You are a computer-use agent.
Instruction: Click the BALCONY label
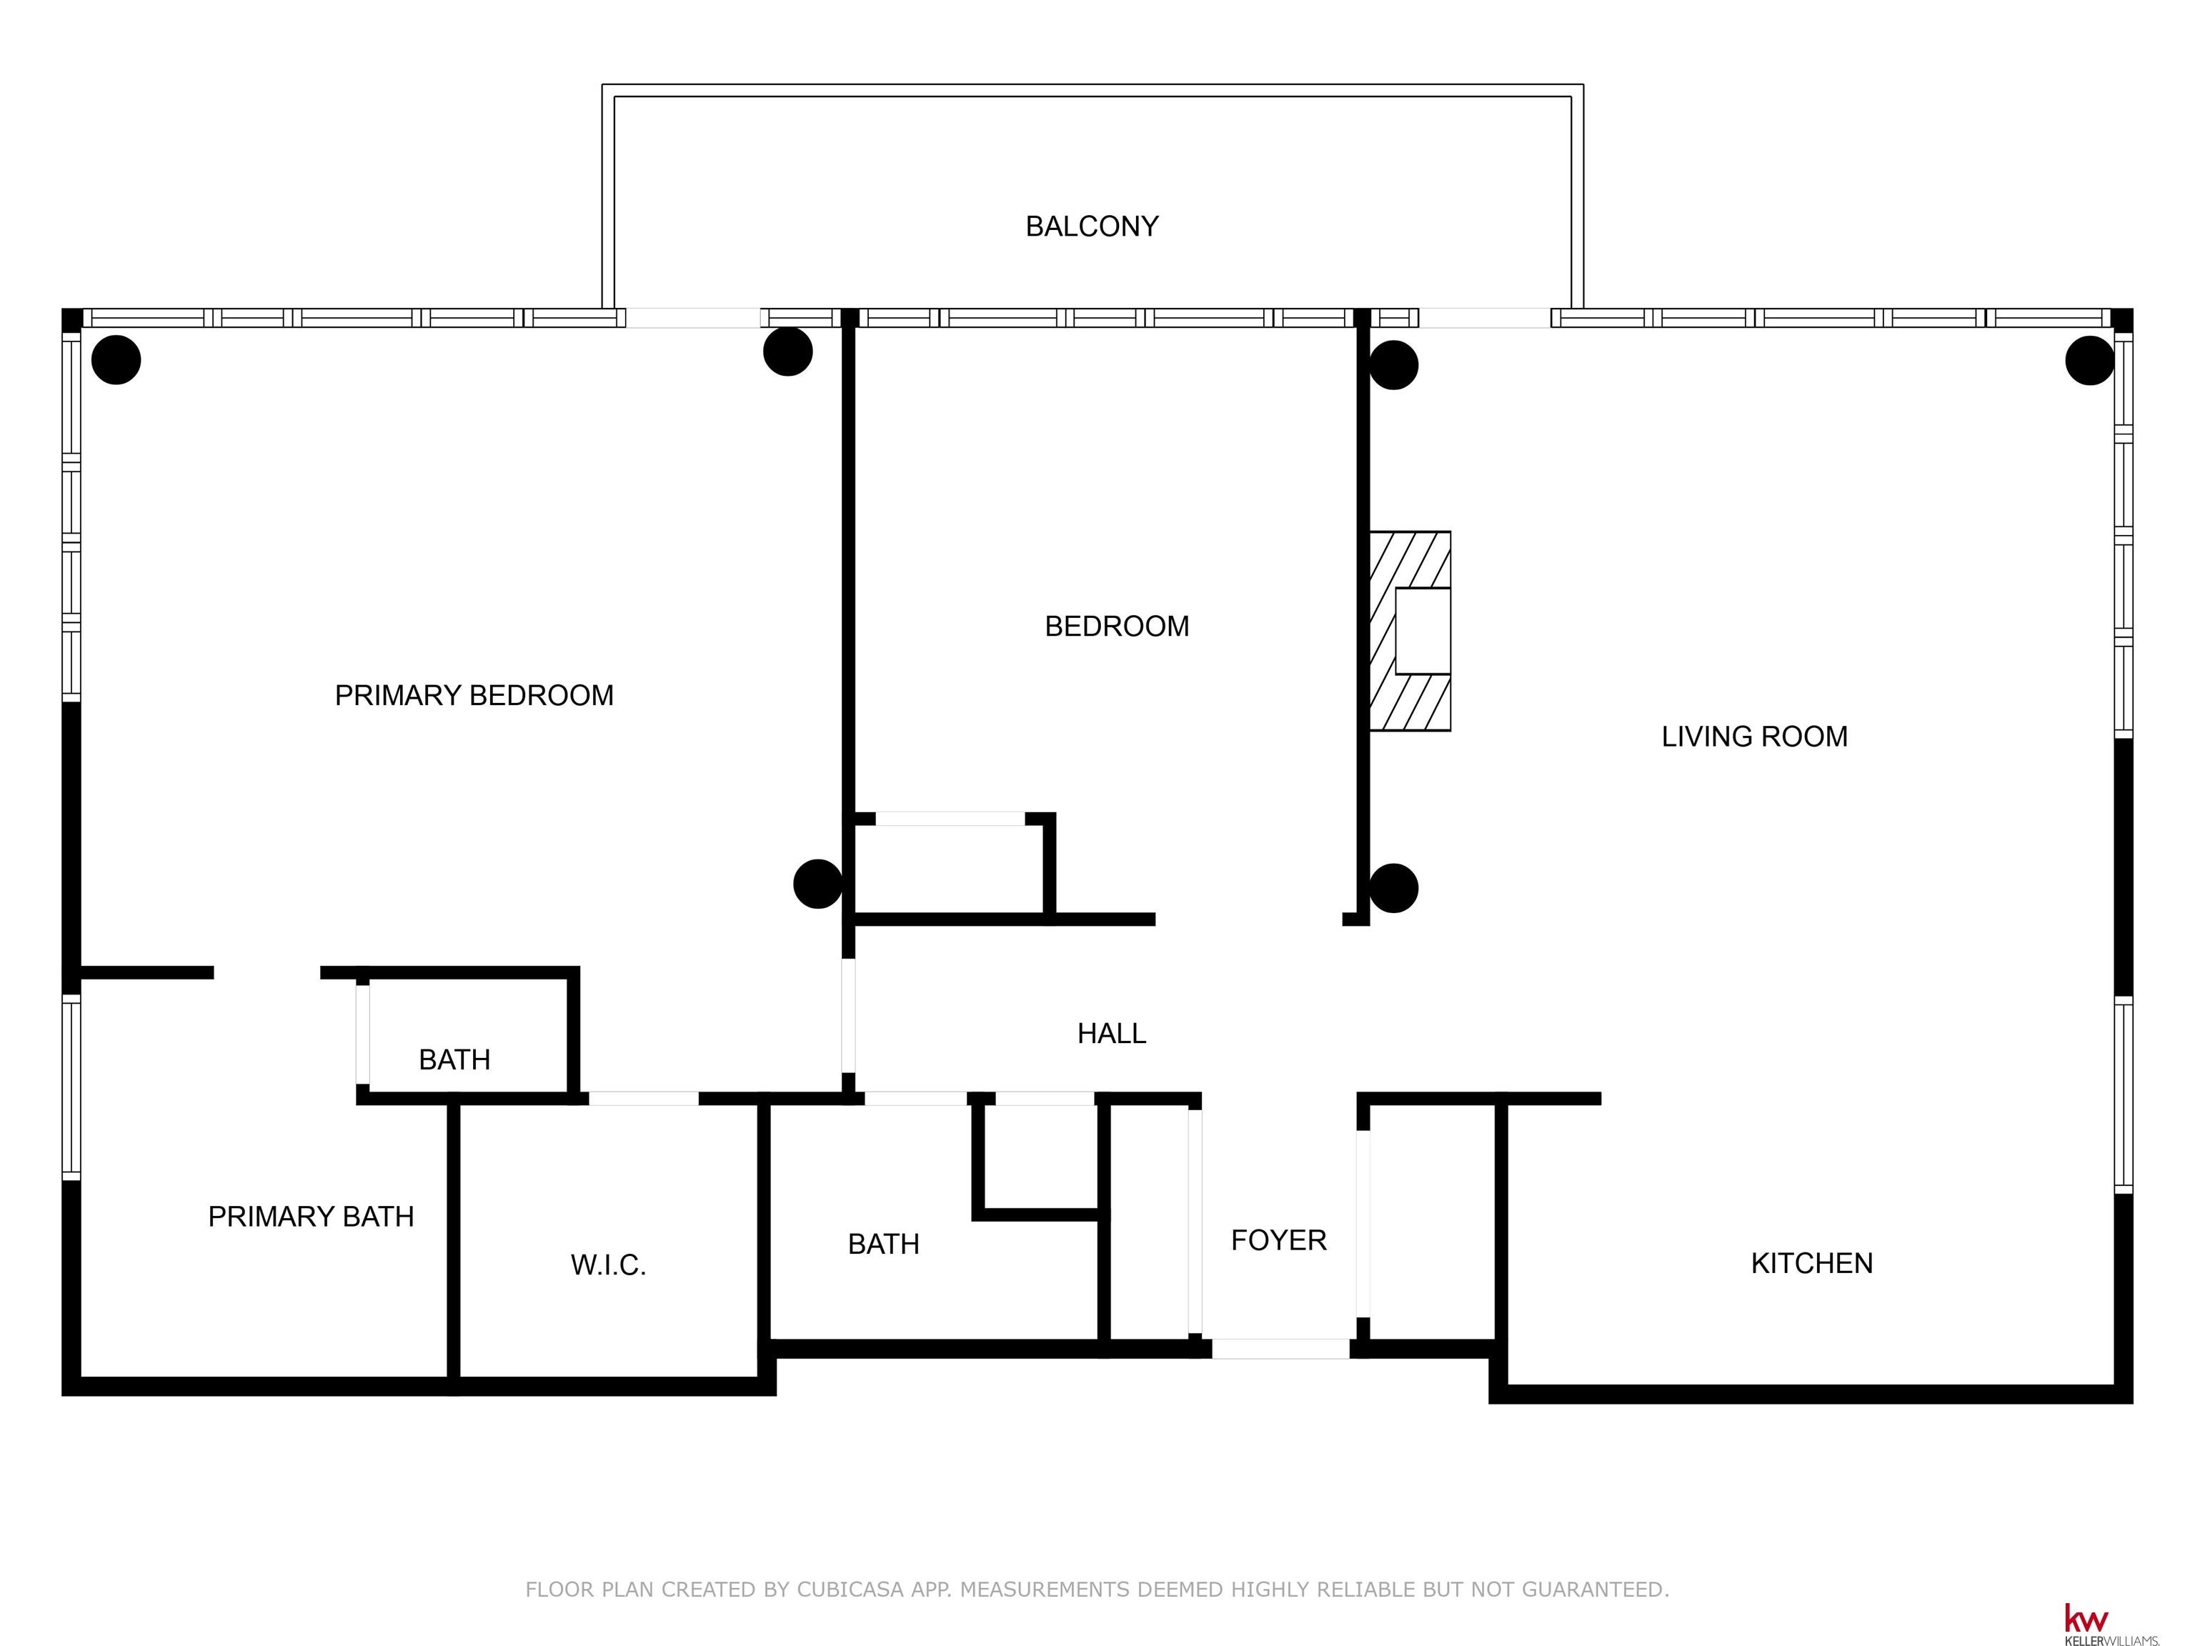[x=1092, y=226]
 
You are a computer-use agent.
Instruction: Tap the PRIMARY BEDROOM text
[x=474, y=696]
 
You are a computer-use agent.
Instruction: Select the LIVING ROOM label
[x=1754, y=736]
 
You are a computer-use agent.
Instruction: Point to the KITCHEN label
[x=1812, y=1263]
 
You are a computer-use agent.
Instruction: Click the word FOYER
[x=1278, y=1240]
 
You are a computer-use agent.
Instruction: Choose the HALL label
[x=1111, y=1034]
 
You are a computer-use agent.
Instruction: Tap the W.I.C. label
[x=608, y=1265]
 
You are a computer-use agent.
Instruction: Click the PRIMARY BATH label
[x=311, y=1217]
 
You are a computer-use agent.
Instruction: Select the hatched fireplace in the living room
[x=1410, y=631]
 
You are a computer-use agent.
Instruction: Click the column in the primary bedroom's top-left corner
[x=116, y=359]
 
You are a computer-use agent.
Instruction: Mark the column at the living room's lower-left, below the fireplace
[x=1393, y=888]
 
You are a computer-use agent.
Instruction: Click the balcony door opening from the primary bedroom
[x=694, y=317]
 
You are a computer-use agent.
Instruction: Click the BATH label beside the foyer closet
[x=883, y=1245]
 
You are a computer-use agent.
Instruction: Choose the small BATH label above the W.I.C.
[x=454, y=1059]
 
